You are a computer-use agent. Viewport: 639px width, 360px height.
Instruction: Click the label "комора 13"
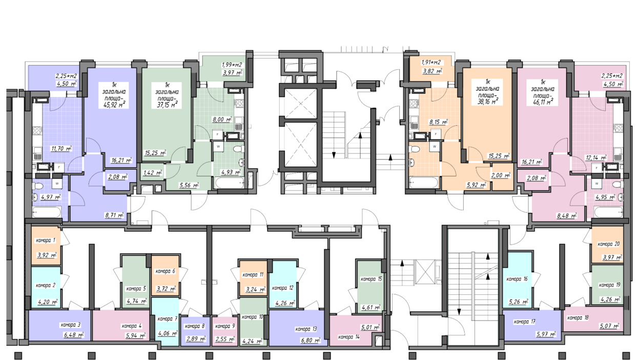tap(306, 329)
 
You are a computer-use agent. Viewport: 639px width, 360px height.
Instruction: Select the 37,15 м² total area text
tap(168, 105)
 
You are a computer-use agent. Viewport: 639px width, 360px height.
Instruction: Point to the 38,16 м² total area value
tap(488, 102)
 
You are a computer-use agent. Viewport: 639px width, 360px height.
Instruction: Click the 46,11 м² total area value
tap(543, 102)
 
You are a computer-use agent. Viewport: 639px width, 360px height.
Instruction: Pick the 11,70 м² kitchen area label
tap(61, 148)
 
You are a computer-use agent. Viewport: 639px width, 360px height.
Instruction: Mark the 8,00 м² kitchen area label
tap(222, 119)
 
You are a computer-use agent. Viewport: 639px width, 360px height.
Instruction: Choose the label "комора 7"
tap(168, 319)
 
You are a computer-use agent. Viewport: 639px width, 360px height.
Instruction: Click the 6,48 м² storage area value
tap(74, 334)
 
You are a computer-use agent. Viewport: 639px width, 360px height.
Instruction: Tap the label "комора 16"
tap(517, 279)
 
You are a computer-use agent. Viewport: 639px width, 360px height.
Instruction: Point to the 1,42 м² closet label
tap(153, 173)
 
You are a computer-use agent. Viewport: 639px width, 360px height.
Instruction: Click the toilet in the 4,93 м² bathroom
tap(238, 149)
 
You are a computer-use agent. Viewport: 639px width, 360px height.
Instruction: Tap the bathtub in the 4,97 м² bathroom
tap(47, 212)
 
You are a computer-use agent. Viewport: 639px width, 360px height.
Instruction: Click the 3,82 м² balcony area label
tap(432, 71)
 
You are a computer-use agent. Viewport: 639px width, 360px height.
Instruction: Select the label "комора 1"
tap(46, 241)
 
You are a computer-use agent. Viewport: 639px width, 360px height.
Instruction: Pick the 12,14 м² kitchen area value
tap(596, 157)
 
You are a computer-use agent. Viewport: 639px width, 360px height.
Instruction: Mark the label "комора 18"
tap(578, 318)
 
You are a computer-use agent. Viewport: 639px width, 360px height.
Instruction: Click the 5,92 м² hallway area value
tap(477, 185)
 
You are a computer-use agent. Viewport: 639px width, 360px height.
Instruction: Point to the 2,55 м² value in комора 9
tap(225, 339)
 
